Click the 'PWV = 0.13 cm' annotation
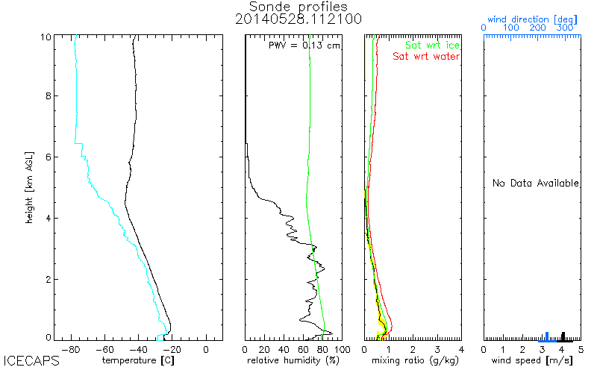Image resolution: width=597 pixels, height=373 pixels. [304, 46]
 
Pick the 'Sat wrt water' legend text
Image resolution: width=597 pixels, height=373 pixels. [426, 56]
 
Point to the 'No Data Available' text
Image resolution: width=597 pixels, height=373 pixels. [535, 184]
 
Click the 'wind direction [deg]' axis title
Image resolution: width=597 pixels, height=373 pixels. [531, 17]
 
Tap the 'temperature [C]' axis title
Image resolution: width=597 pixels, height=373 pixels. [138, 361]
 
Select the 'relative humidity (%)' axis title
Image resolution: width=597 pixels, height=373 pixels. [293, 361]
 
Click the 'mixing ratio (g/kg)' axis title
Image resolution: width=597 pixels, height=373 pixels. [412, 361]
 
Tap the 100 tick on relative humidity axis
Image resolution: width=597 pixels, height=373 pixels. [340, 348]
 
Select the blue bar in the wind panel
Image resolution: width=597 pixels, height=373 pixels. [547, 336]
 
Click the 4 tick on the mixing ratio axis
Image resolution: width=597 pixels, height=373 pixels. [460, 348]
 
